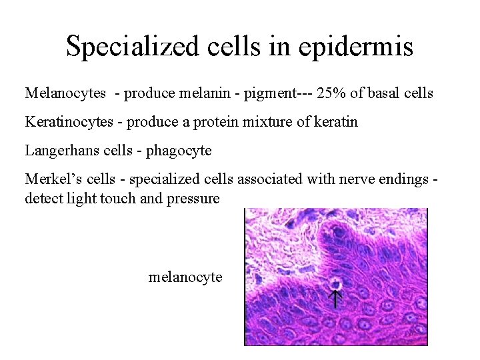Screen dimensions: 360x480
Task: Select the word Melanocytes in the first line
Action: [65, 93]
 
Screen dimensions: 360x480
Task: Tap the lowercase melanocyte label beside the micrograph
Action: [185, 277]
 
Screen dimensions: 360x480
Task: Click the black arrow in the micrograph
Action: [335, 298]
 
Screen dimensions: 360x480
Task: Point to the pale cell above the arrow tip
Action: [334, 283]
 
